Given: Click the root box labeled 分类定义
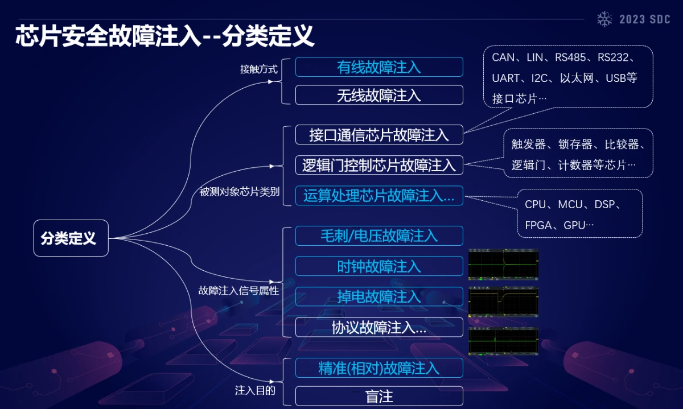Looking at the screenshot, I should [71, 238].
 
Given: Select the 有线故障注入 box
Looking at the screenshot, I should [379, 67].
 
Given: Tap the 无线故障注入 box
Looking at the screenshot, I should [379, 95].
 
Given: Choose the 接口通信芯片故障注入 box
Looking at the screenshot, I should [379, 135].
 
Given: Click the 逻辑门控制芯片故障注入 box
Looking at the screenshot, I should [379, 165].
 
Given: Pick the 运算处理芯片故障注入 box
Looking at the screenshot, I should [379, 196].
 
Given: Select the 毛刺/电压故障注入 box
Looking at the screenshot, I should [379, 236].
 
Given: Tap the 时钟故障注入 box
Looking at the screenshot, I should [379, 266].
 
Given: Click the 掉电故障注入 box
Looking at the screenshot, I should [379, 296].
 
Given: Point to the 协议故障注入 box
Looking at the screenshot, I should [379, 327].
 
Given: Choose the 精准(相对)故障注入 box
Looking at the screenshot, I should [379, 367].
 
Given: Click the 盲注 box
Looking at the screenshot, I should [379, 396].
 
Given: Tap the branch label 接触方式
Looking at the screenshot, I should [258, 69].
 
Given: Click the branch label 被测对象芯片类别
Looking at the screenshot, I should [239, 192].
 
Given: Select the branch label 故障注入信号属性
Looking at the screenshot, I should [238, 291].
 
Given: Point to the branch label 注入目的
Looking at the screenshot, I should [255, 390].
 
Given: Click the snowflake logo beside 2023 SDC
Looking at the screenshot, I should [604, 19].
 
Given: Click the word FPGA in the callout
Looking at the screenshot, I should [538, 225].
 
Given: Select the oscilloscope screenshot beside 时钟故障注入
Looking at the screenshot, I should [503, 265].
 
